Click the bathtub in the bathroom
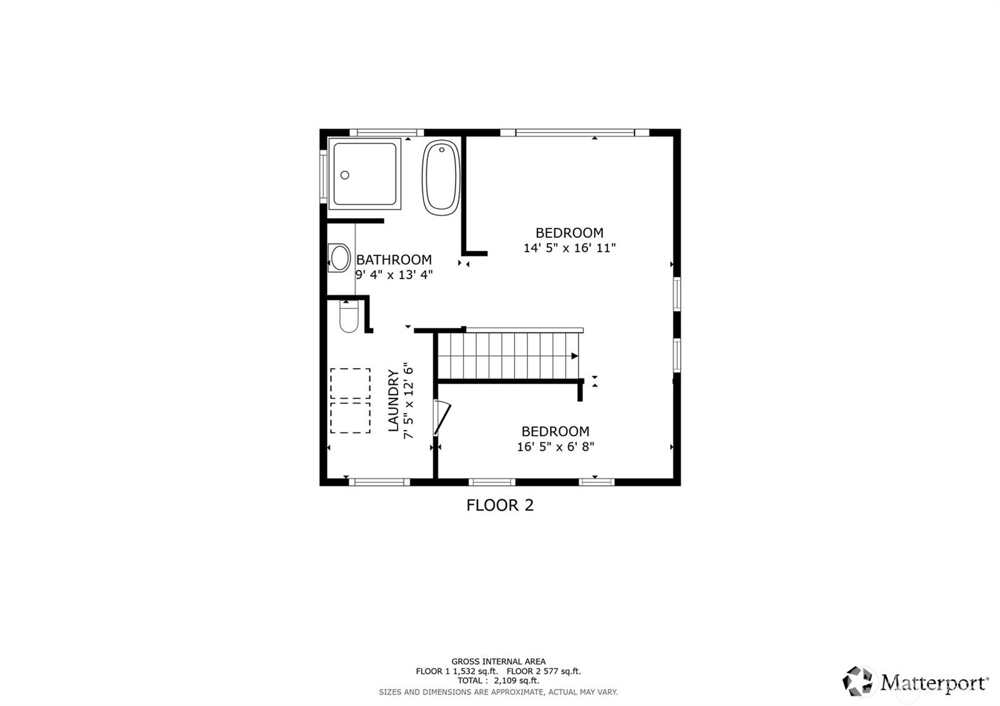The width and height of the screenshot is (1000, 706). [x=442, y=178]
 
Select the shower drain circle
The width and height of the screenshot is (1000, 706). [x=344, y=176]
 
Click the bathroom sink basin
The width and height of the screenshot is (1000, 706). [x=341, y=258]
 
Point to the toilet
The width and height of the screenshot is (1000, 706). [x=349, y=318]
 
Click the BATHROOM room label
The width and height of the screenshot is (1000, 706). [x=394, y=259]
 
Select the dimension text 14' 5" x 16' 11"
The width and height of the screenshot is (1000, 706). [x=569, y=248]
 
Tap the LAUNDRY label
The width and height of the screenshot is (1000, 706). [x=393, y=400]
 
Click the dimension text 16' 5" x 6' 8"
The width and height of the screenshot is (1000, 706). [x=555, y=447]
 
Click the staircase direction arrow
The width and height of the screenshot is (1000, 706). [x=574, y=356]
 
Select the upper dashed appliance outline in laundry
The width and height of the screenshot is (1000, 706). [x=350, y=384]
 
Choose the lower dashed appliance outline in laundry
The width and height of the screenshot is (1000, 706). [x=350, y=417]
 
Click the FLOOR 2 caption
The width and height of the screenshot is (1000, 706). [x=500, y=505]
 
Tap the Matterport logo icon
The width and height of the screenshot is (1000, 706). [x=859, y=681]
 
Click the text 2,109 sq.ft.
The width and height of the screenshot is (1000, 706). [x=516, y=681]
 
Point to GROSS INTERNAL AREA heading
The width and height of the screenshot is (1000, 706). [x=498, y=661]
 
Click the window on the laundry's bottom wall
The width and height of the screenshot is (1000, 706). [x=379, y=482]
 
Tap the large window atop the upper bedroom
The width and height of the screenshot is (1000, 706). [x=574, y=132]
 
